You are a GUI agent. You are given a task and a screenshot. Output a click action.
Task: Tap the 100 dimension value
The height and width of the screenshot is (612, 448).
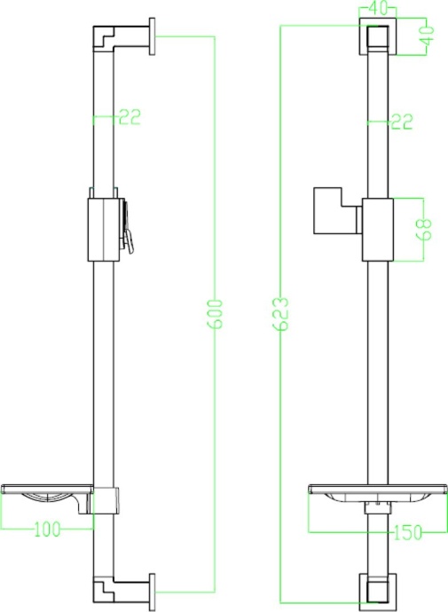(46, 530)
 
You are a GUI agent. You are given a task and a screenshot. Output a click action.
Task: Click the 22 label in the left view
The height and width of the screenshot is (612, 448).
(129, 116)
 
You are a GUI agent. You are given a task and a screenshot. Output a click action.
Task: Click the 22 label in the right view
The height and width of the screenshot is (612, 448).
(402, 122)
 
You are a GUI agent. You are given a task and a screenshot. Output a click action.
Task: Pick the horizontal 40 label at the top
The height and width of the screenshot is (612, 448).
(377, 9)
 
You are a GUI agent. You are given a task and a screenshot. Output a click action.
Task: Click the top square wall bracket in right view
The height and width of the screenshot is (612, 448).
(377, 38)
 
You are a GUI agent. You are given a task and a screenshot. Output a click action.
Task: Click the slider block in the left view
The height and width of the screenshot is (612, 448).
(104, 229)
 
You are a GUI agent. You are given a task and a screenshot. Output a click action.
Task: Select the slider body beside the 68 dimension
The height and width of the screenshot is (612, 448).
(377, 229)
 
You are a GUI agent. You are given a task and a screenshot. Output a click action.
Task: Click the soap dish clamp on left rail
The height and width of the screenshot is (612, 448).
(106, 499)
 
